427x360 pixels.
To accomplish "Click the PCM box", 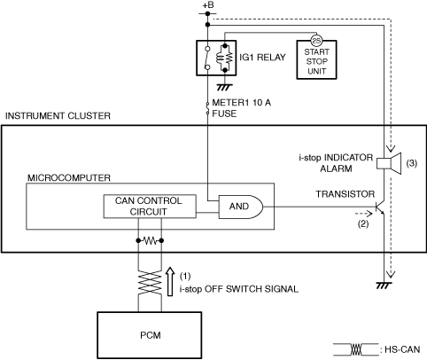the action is [x=150, y=335].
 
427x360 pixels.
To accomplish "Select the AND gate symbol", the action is [x=241, y=207].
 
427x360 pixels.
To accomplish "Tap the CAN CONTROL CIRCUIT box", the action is [x=150, y=207].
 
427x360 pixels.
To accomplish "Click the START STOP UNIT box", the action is [x=316, y=59].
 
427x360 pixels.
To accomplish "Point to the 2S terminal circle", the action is [x=316, y=41].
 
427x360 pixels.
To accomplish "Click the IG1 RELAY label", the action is [x=262, y=57].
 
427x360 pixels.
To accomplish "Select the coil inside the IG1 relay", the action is [x=219, y=58].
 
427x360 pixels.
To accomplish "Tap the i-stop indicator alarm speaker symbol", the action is [x=389, y=163].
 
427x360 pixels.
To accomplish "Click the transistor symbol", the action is [x=380, y=208].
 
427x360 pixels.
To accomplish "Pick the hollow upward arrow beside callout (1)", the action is [x=170, y=281].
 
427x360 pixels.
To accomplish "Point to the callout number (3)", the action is [x=411, y=163].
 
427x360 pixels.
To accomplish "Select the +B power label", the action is [x=208, y=5].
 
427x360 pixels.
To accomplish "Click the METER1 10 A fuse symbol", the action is [x=207, y=108].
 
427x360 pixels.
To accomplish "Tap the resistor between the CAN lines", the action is [x=150, y=241].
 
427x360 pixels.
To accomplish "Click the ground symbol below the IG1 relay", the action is [x=225, y=87].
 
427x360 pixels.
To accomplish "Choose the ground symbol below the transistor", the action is [x=384, y=286].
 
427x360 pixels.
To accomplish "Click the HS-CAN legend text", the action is [x=402, y=349].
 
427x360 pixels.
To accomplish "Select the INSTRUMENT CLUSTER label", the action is [x=58, y=115].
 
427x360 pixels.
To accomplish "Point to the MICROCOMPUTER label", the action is [x=69, y=178].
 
